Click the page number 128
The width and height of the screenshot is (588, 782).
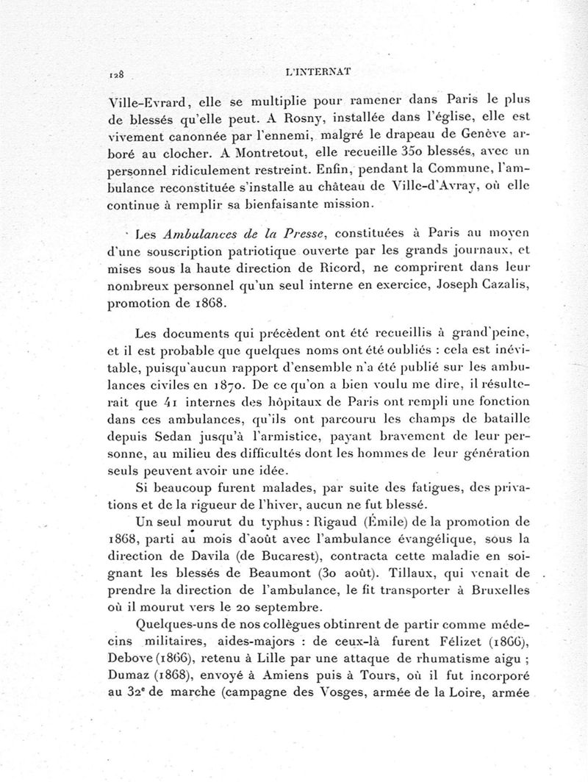click(x=115, y=74)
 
